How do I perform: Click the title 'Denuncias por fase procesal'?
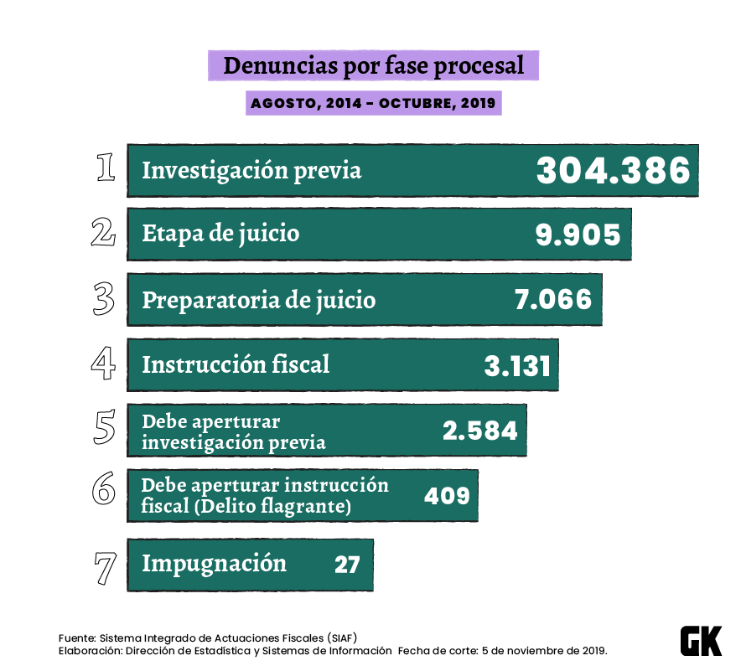click(373, 65)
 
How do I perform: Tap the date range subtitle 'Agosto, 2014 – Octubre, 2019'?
click(373, 104)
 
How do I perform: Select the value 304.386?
click(614, 171)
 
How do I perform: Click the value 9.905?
click(578, 235)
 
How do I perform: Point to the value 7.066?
click(553, 299)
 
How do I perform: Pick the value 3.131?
click(517, 365)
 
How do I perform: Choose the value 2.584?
click(480, 431)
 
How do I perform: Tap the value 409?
click(447, 495)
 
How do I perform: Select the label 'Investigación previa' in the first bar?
click(251, 170)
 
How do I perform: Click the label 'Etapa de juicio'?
click(220, 233)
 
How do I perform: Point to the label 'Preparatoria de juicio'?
click(258, 299)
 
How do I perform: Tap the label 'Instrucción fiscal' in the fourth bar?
click(236, 364)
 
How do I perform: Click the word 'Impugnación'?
click(214, 563)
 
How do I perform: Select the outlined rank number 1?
click(106, 167)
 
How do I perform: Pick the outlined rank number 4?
click(103, 364)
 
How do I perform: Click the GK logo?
click(700, 641)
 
